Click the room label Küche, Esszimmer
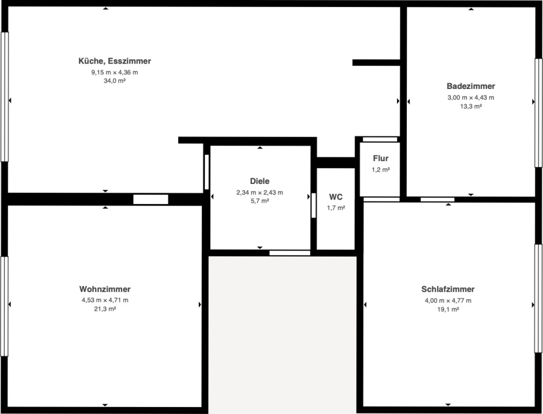click(115, 61)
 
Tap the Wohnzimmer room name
click(105, 289)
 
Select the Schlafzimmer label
click(448, 289)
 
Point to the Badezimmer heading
click(471, 86)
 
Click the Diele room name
click(260, 181)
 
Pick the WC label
click(336, 197)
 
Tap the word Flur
click(381, 158)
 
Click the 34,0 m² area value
click(115, 81)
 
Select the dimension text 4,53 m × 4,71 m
click(105, 300)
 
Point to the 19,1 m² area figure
click(448, 309)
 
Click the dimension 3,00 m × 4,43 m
click(471, 98)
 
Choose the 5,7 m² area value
click(260, 201)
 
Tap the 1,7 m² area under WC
click(336, 208)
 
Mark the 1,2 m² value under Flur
click(381, 170)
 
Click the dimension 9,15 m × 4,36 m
click(115, 72)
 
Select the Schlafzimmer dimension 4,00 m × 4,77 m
click(448, 301)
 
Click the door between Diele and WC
click(314, 205)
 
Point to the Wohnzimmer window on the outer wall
click(4, 307)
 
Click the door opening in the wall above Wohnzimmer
click(151, 199)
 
